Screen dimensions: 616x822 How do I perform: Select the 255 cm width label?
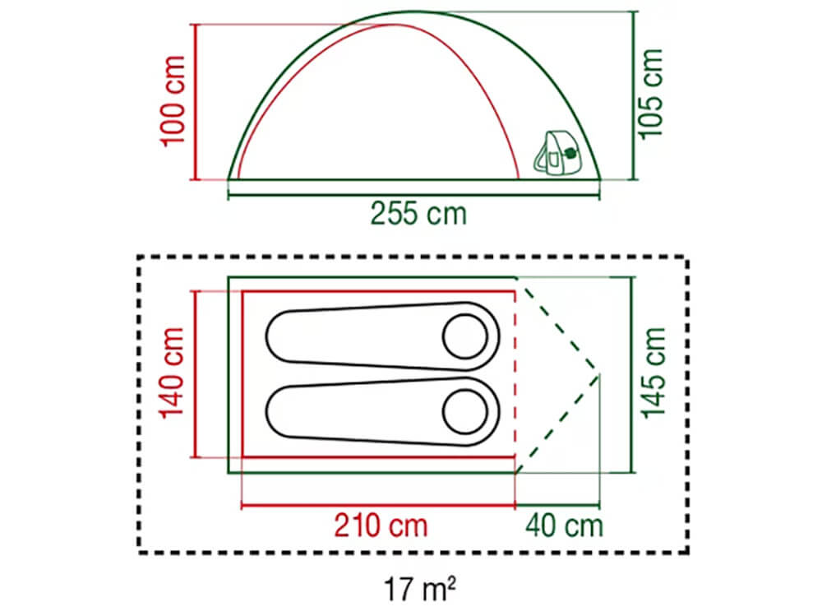click(x=418, y=214)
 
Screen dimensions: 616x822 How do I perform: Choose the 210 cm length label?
click(x=380, y=524)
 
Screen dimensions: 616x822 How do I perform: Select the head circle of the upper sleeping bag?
click(x=465, y=336)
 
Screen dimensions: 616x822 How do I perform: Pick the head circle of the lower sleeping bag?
click(x=465, y=410)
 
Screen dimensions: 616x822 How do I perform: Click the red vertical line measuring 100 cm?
click(x=195, y=101)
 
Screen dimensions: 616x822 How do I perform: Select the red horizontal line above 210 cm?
click(x=378, y=505)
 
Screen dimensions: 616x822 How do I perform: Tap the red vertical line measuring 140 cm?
click(x=195, y=373)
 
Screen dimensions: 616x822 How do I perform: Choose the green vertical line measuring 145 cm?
click(x=632, y=374)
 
